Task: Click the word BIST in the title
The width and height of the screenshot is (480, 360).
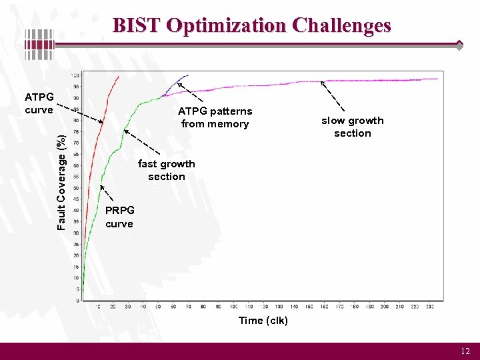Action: (137, 25)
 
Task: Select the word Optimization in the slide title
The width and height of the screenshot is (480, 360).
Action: (226, 25)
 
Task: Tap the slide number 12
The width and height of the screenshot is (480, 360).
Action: (465, 351)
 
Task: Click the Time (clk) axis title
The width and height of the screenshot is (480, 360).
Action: (263, 321)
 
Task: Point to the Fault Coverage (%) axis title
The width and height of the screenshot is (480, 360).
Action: (61, 182)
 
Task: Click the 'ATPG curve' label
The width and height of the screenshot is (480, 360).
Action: (39, 103)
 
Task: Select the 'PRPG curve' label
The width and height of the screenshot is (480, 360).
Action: (119, 217)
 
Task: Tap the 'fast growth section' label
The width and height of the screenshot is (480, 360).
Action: (167, 170)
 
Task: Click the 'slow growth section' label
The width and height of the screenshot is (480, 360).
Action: (353, 127)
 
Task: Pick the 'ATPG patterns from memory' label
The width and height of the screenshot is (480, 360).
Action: (215, 117)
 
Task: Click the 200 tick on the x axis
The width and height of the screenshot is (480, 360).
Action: (385, 307)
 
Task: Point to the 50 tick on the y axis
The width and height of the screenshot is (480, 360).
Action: (77, 165)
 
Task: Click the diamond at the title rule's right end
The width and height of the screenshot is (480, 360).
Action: (459, 45)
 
